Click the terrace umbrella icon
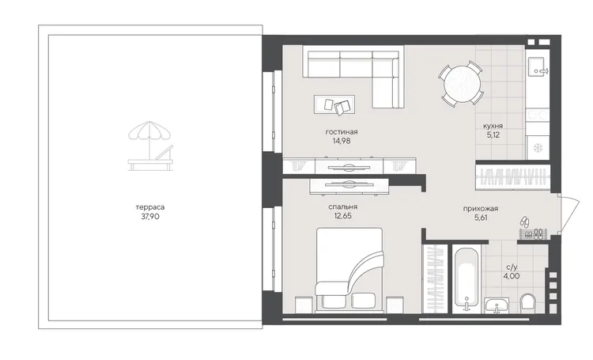[149, 140]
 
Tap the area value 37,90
[150, 217]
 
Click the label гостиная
[342, 132]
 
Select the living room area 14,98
[342, 141]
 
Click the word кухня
[493, 126]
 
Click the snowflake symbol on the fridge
[537, 148]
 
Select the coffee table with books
[334, 104]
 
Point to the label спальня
[342, 207]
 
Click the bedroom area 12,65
[342, 216]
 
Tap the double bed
[349, 269]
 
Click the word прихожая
[480, 209]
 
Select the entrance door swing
[568, 213]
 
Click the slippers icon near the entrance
[524, 221]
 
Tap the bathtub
[466, 280]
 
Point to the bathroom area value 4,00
[511, 276]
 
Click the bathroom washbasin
[497, 305]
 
